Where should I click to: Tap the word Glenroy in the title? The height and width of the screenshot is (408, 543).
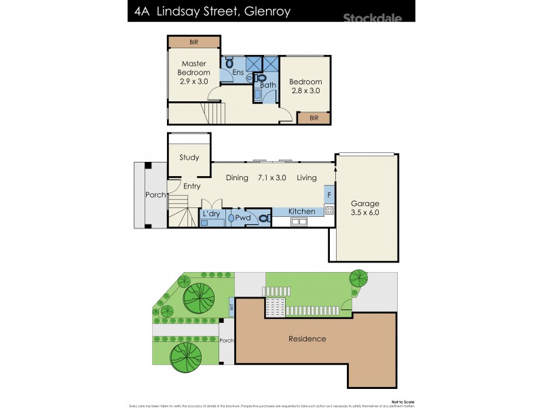(x=265, y=11)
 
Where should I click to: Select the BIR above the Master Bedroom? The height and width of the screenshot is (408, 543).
(x=193, y=42)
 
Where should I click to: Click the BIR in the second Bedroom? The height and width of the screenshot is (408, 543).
(x=314, y=118)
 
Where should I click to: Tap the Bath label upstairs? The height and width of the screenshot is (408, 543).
(x=267, y=85)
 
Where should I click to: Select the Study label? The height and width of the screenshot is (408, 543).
(x=189, y=158)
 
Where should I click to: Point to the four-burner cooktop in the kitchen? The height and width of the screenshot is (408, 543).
(x=329, y=210)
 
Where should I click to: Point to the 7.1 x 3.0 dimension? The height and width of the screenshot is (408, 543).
(x=271, y=178)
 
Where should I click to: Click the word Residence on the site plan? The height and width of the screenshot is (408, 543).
(x=307, y=339)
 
